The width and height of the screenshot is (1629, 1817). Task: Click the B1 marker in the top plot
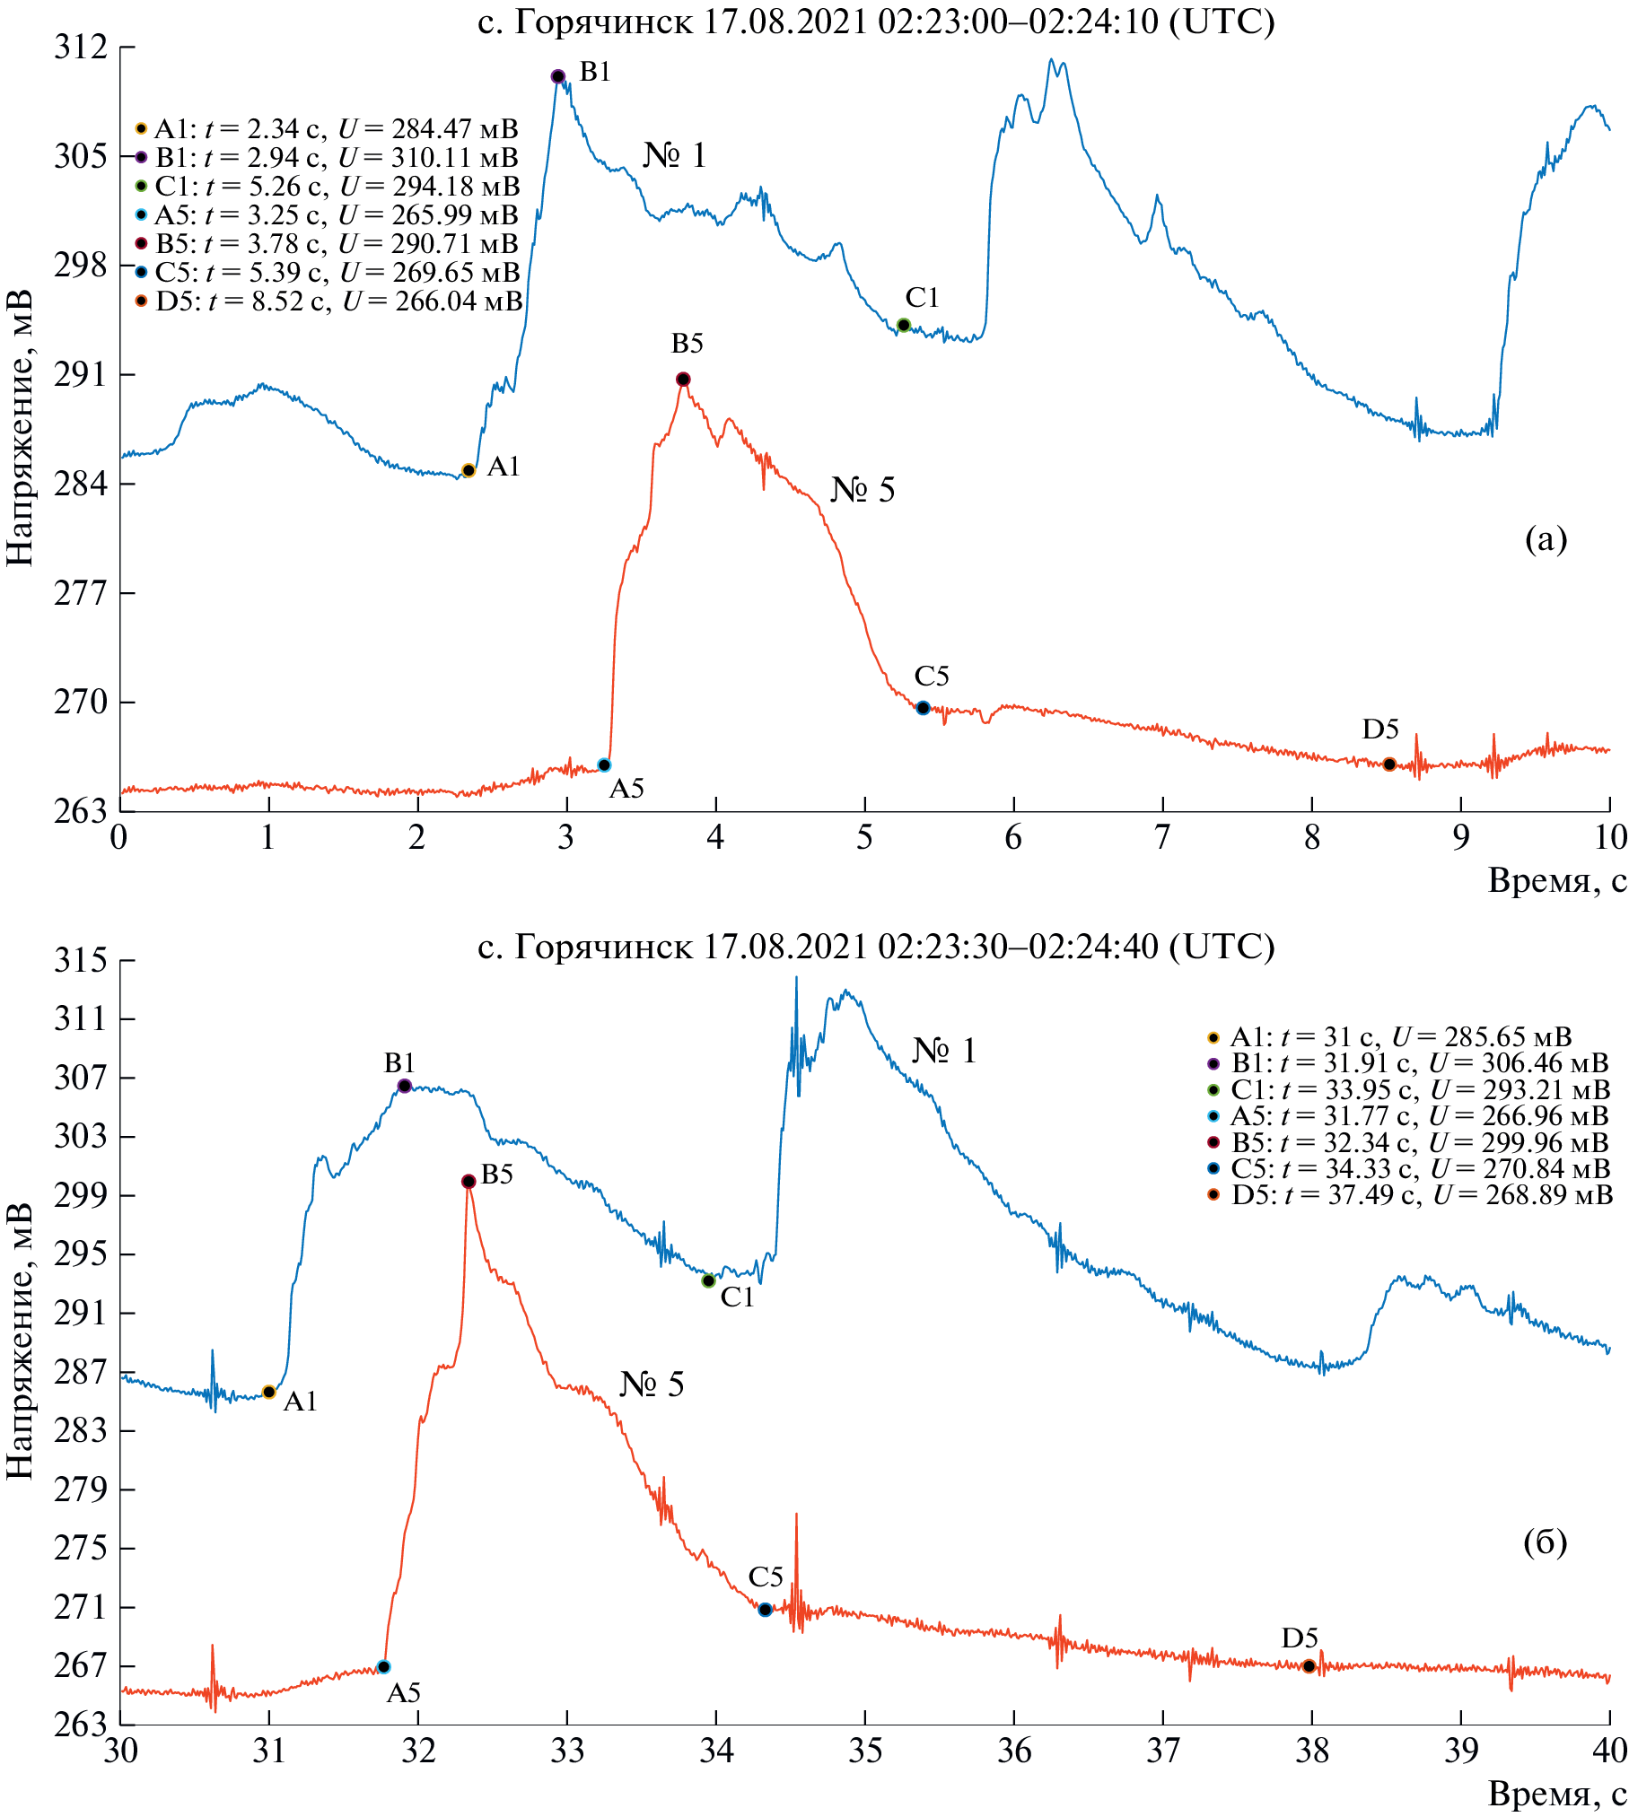click(557, 76)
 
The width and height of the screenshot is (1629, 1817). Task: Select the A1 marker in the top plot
click(468, 470)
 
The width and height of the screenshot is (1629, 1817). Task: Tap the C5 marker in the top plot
click(923, 708)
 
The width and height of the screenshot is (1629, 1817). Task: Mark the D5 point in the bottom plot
click(1309, 1666)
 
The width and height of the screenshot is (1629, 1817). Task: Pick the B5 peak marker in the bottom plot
click(469, 1182)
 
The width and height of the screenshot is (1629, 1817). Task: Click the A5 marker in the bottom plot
click(383, 1667)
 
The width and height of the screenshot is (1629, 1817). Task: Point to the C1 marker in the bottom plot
click(708, 1280)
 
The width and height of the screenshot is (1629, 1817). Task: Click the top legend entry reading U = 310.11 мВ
click(328, 157)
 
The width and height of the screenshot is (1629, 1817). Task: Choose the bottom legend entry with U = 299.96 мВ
click(1409, 1143)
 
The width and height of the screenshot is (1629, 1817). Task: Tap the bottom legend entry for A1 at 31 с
click(1391, 1037)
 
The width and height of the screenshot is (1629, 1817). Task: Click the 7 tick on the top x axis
click(1162, 837)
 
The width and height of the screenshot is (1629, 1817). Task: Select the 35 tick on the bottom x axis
click(864, 1751)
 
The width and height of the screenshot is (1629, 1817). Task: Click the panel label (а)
click(1546, 538)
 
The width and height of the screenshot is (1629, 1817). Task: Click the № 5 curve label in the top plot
click(862, 490)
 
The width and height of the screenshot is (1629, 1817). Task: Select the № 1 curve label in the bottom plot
click(943, 1050)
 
